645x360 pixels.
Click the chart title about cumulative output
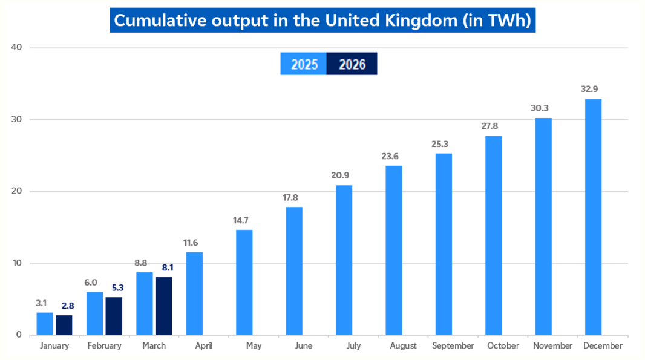[322, 20]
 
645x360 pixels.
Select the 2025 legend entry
[304, 64]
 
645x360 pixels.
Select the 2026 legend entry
[352, 64]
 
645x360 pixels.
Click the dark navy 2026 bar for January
[64, 325]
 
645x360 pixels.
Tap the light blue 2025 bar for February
[94, 313]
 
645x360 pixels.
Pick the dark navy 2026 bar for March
[163, 306]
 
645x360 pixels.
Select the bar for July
[344, 260]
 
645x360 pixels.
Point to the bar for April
[194, 293]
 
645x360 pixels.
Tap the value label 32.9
[589, 89]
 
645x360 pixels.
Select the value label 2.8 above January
[68, 306]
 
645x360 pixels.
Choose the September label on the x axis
[453, 346]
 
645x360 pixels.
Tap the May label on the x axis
[254, 346]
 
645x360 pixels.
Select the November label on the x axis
[552, 346]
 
